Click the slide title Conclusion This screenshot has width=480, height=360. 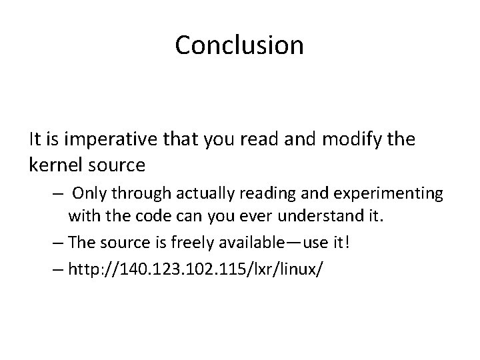click(239, 45)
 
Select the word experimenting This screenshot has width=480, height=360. click(391, 194)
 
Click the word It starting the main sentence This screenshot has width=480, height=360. click(35, 139)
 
